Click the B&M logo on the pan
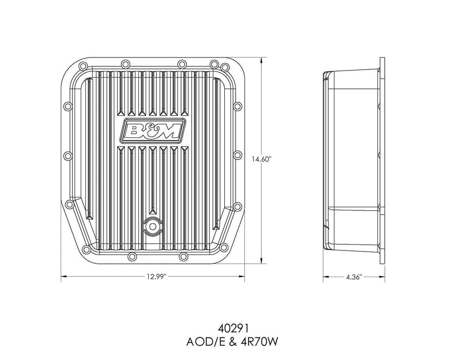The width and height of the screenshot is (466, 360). pos(152,132)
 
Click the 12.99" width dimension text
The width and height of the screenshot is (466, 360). pos(152,277)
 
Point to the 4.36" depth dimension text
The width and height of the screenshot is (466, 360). pos(354,277)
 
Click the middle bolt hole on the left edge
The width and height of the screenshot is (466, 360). pos(66,155)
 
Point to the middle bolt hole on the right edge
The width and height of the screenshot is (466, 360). pos(237,155)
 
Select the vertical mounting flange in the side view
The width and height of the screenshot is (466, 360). pos(382,159)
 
